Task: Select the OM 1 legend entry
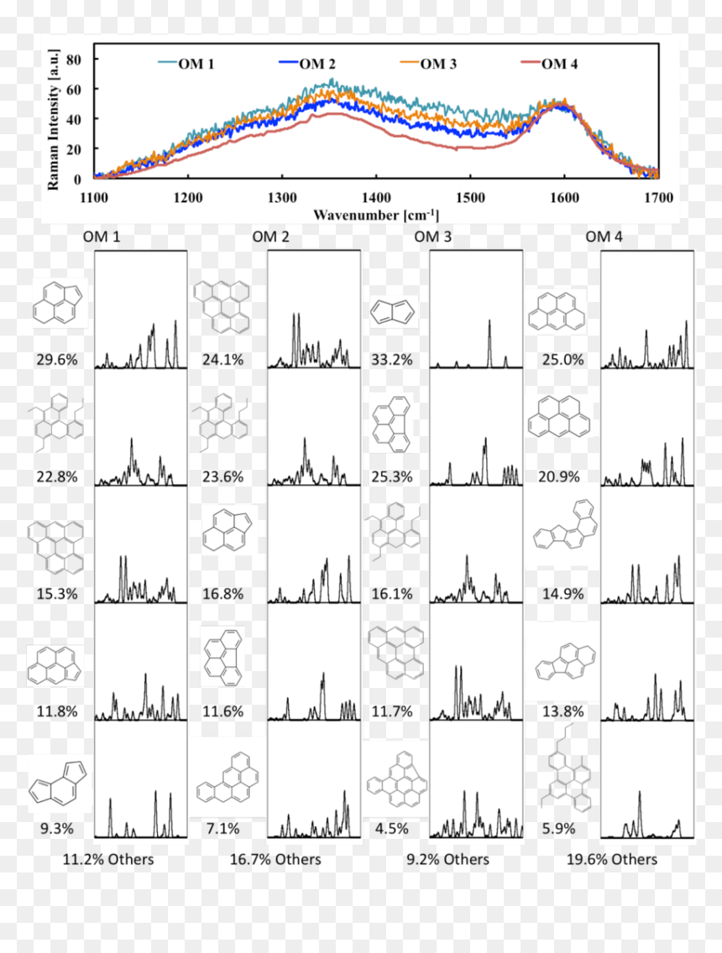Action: [x=186, y=64]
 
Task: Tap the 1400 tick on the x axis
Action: [x=376, y=197]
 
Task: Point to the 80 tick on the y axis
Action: [x=74, y=60]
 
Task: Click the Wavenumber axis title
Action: [x=376, y=215]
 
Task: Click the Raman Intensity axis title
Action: [x=54, y=120]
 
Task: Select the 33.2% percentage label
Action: [x=392, y=360]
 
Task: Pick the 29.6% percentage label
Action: [x=57, y=360]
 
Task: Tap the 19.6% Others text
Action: [x=612, y=859]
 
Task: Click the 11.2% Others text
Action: [x=108, y=859]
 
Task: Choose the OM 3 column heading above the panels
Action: [x=433, y=237]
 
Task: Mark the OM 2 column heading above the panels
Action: [x=270, y=237]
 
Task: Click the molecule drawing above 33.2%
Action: [x=392, y=312]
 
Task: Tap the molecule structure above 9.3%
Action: [x=58, y=784]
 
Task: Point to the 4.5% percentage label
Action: [x=392, y=829]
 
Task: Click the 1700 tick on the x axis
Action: [x=659, y=197]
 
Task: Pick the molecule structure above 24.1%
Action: [x=222, y=307]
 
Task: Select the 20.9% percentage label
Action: [x=559, y=477]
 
